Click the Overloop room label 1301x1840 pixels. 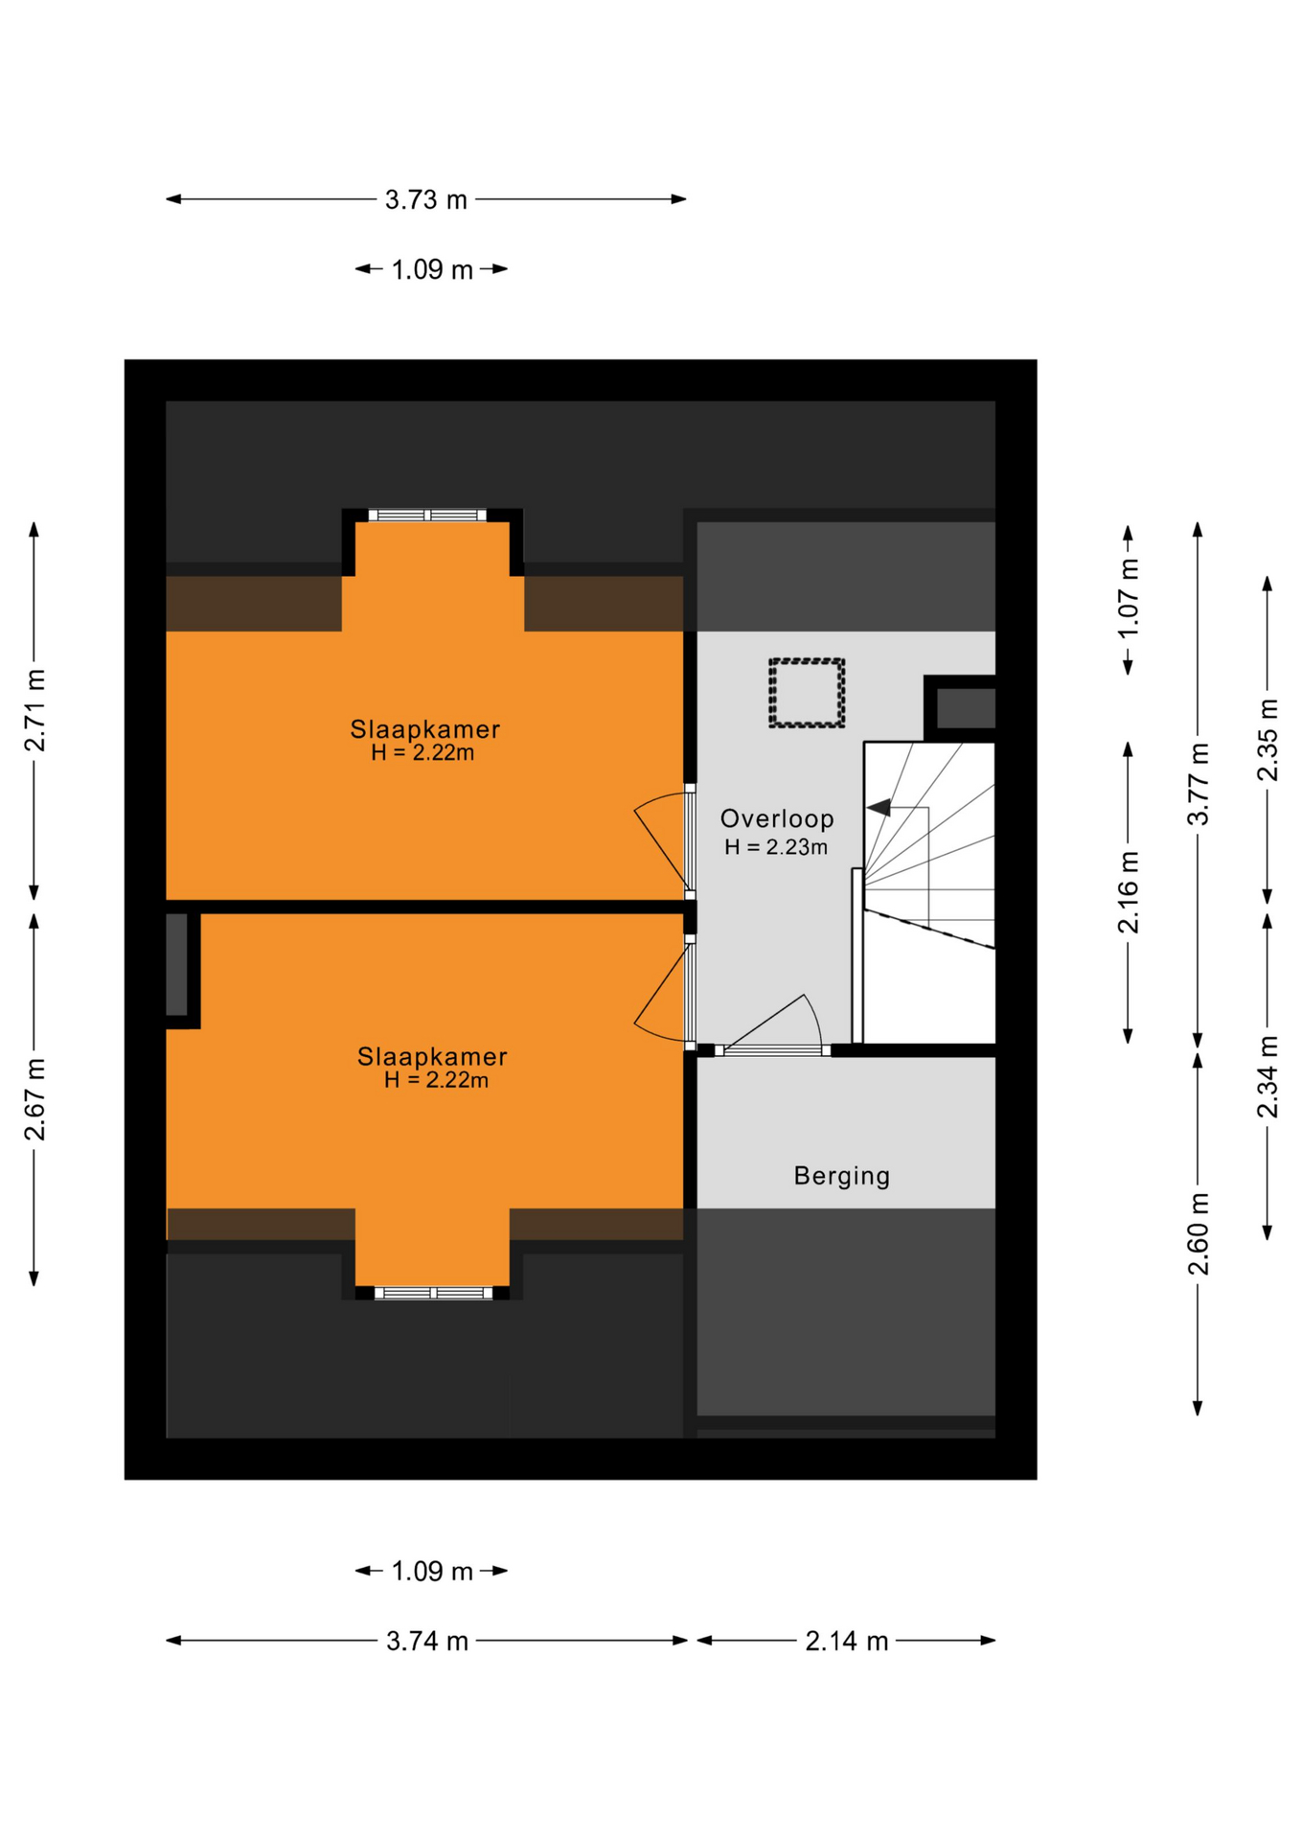pyautogui.click(x=776, y=818)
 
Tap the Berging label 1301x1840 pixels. pyautogui.click(x=842, y=1176)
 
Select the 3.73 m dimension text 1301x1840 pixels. pyautogui.click(x=426, y=199)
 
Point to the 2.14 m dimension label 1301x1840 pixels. pyautogui.click(x=847, y=1641)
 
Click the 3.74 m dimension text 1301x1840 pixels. pyautogui.click(x=427, y=1641)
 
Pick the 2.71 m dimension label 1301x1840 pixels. pyautogui.click(x=34, y=710)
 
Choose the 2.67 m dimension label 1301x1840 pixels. pyautogui.click(x=34, y=1099)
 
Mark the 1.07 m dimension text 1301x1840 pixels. pyautogui.click(x=1129, y=597)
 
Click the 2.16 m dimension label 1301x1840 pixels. pyautogui.click(x=1129, y=892)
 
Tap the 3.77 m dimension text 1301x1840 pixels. pyautogui.click(x=1198, y=784)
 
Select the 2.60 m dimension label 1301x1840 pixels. pyautogui.click(x=1198, y=1234)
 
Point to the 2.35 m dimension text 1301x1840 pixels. pyautogui.click(x=1267, y=740)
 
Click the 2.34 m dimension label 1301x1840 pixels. pyautogui.click(x=1267, y=1076)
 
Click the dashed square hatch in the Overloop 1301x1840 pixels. pyautogui.click(x=807, y=693)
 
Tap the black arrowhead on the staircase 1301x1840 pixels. pyautogui.click(x=879, y=808)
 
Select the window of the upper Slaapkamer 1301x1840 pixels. pyautogui.click(x=427, y=516)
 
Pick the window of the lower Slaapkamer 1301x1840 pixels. pyautogui.click(x=433, y=1293)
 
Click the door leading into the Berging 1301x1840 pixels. pyautogui.click(x=772, y=1025)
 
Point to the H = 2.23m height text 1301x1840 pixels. pyautogui.click(x=776, y=847)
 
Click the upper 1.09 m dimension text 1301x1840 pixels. pyautogui.click(x=432, y=269)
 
